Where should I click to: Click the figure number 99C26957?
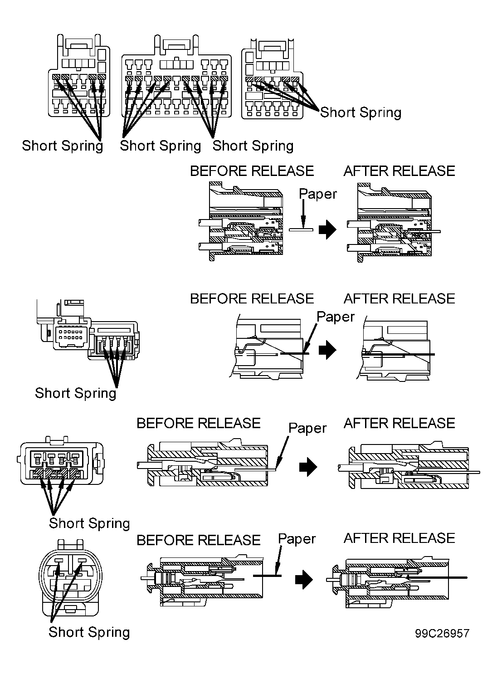(442, 633)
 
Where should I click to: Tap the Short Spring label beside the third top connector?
(361, 112)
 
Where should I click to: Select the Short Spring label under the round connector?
(89, 632)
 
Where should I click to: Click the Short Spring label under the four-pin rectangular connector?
(89, 523)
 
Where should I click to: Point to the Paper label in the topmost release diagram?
(318, 195)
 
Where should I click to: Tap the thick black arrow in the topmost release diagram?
(327, 230)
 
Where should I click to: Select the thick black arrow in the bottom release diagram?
(304, 579)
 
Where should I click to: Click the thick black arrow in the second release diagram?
(327, 350)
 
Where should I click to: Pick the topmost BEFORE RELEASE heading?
(252, 171)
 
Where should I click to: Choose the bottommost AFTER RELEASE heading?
(399, 538)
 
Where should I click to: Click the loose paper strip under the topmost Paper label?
(301, 230)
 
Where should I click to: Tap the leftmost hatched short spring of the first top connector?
(56, 77)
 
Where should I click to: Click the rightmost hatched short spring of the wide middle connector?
(224, 78)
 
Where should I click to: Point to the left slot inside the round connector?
(58, 561)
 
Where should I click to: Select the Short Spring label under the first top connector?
(63, 146)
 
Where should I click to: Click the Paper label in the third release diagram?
(307, 429)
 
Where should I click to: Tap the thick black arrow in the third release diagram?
(308, 467)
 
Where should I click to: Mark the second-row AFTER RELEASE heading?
(399, 299)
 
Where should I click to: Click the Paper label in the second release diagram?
(336, 317)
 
